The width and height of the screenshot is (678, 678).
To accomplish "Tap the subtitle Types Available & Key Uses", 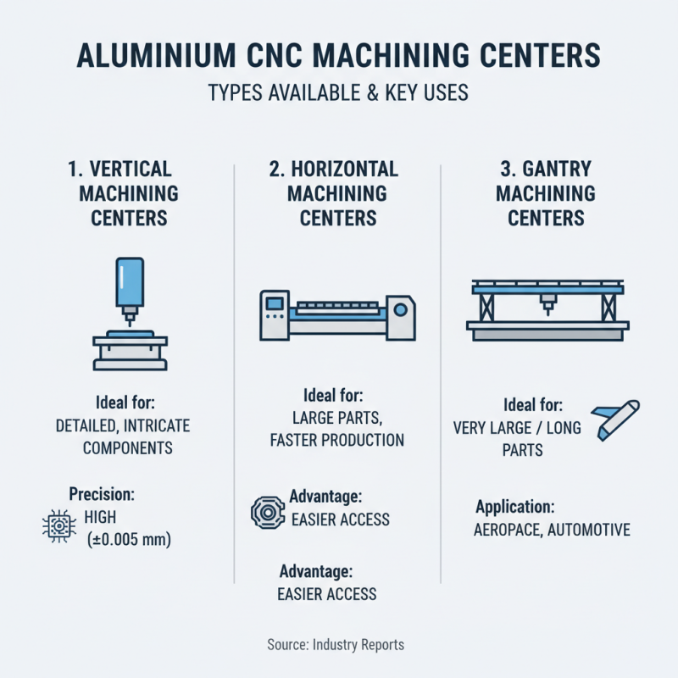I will point(338,92).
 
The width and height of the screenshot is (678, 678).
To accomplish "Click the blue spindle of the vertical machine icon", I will point(129,284).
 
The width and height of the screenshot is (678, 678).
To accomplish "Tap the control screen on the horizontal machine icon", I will point(274,303).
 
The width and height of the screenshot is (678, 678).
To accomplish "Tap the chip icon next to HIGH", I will point(55,526).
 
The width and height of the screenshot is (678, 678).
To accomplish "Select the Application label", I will point(514,508).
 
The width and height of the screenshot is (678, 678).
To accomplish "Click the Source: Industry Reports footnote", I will point(336,645).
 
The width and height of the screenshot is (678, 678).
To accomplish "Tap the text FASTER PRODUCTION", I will point(336,440).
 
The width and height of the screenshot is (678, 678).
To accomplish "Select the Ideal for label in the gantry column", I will point(533,404).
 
